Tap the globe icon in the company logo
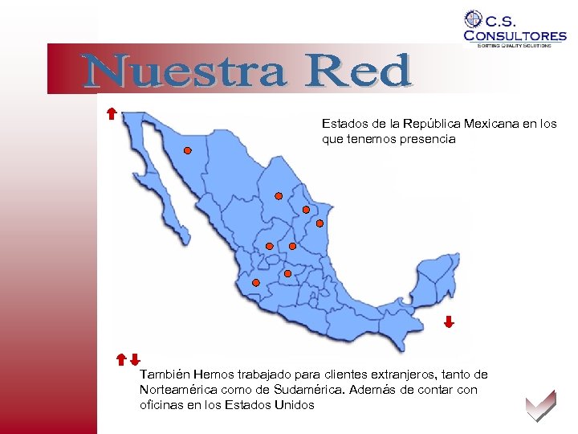click(x=474, y=19)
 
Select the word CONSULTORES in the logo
click(x=515, y=35)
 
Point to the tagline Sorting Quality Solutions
click(x=515, y=46)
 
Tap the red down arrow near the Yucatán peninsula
click(x=449, y=322)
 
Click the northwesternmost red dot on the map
click(x=187, y=150)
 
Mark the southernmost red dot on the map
click(x=255, y=283)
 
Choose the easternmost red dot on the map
click(x=320, y=223)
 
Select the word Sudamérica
click(x=306, y=390)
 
